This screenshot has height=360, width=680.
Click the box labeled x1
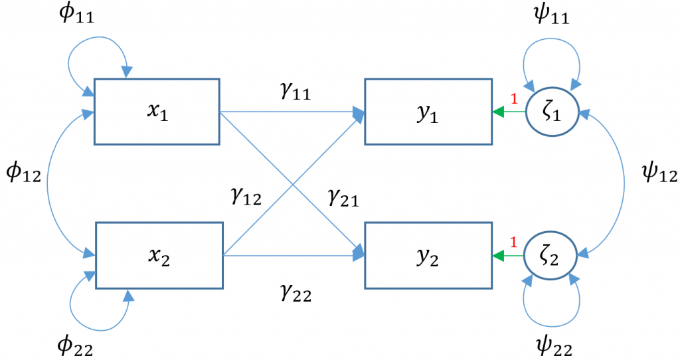coord(157,112)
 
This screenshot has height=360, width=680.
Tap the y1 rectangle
coord(428,112)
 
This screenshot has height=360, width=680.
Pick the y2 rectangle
coord(428,256)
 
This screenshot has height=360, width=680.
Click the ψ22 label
coord(553,345)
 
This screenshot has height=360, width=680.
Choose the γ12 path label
coord(244,197)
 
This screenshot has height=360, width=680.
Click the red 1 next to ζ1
coord(513,100)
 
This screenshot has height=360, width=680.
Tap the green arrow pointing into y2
coord(509,256)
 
